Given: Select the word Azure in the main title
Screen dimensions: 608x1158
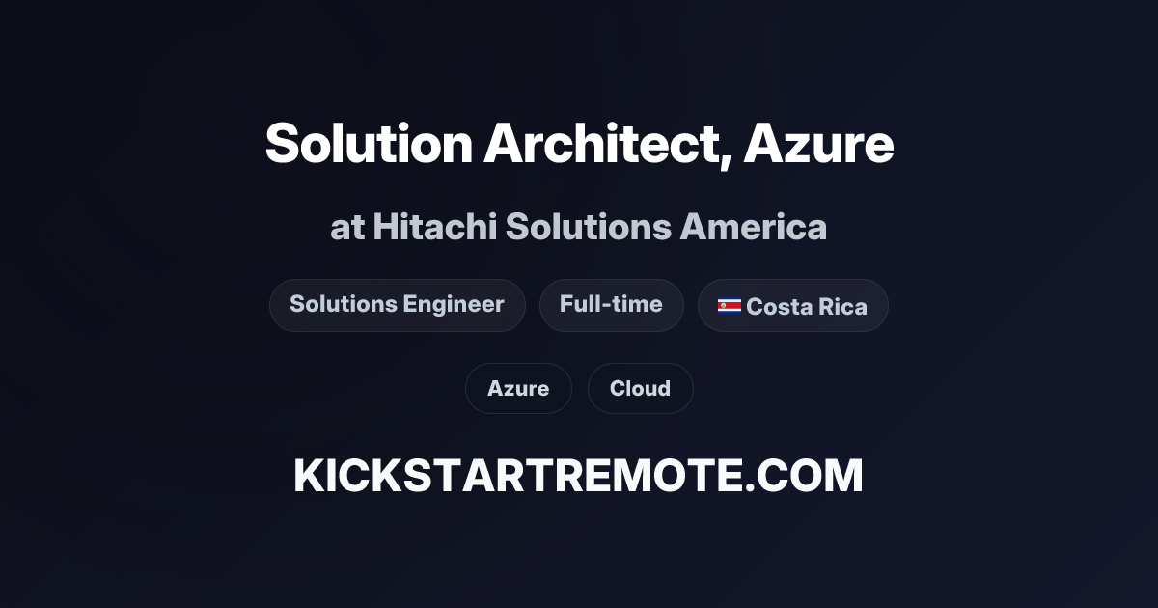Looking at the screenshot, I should [818, 144].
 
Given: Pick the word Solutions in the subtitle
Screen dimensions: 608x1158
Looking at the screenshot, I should [588, 228].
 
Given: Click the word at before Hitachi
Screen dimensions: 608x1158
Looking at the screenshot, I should [346, 229].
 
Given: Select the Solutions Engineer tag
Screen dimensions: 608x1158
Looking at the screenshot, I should [397, 305].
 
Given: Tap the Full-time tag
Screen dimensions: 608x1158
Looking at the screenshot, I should [611, 305].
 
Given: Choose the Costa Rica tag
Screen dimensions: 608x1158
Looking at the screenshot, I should [792, 306].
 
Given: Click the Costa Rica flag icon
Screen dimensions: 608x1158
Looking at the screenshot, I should [729, 306].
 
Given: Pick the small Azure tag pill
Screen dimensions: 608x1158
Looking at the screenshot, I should [518, 389].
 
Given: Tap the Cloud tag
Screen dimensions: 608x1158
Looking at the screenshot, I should [640, 389].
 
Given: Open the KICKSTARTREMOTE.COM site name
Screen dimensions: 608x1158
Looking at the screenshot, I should [578, 476].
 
